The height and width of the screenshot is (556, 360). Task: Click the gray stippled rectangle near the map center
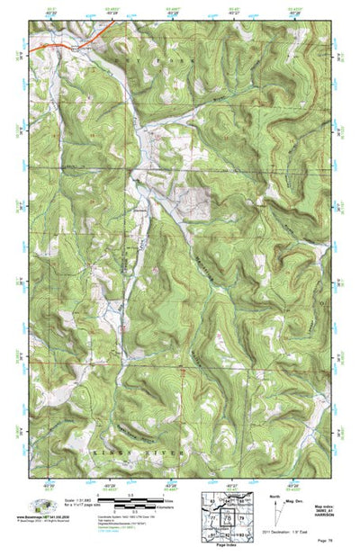(x=194, y=202)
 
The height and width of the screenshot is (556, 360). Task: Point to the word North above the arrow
(x=274, y=496)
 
